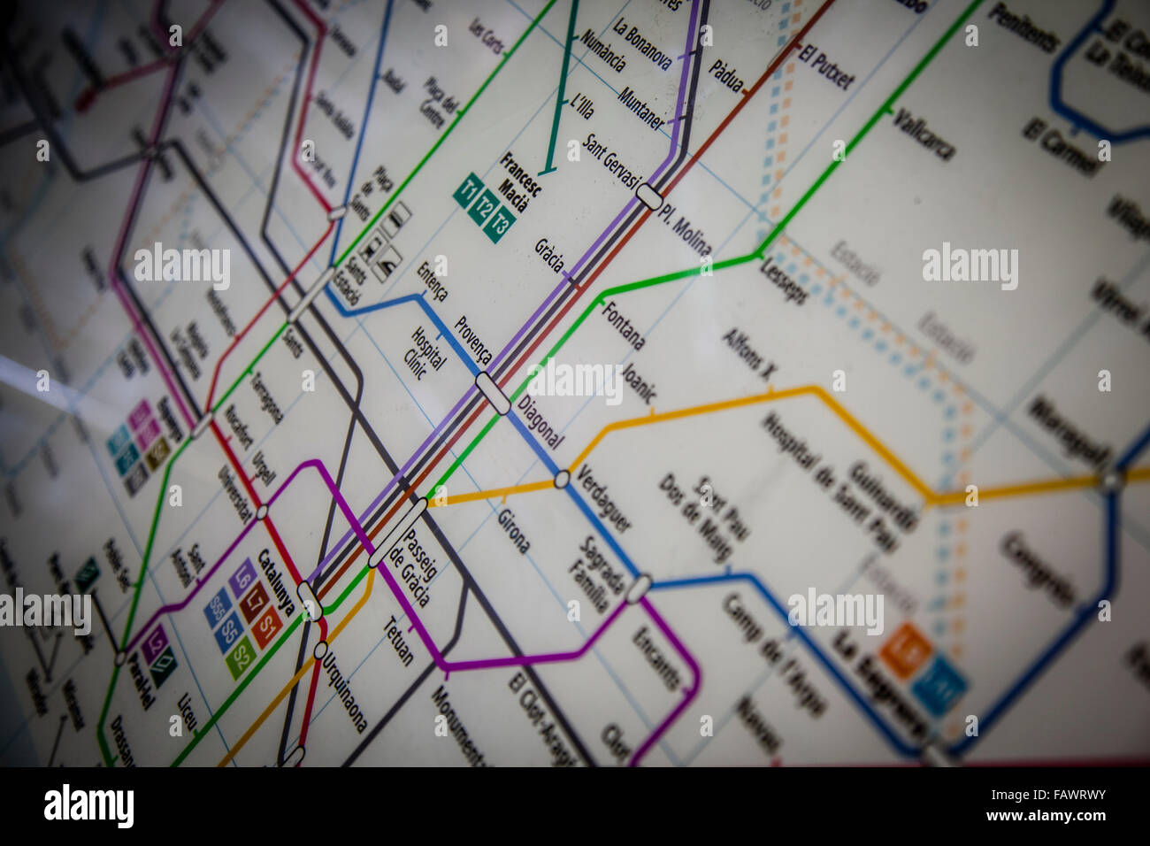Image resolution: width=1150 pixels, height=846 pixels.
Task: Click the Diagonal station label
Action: tap(540, 424)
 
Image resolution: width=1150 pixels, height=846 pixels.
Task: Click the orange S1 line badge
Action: tap(267, 627)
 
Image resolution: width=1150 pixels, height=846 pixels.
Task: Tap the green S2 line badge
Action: tap(240, 658)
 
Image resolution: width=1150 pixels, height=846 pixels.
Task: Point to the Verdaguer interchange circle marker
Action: tap(562, 480)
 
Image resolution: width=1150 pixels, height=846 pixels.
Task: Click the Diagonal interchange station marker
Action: tap(493, 393)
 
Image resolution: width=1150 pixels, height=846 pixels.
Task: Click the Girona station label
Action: tap(513, 531)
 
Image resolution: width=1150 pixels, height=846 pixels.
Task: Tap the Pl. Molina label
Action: tap(684, 230)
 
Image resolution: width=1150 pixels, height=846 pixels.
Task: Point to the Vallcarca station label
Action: tap(924, 133)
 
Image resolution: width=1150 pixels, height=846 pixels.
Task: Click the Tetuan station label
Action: tap(398, 639)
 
